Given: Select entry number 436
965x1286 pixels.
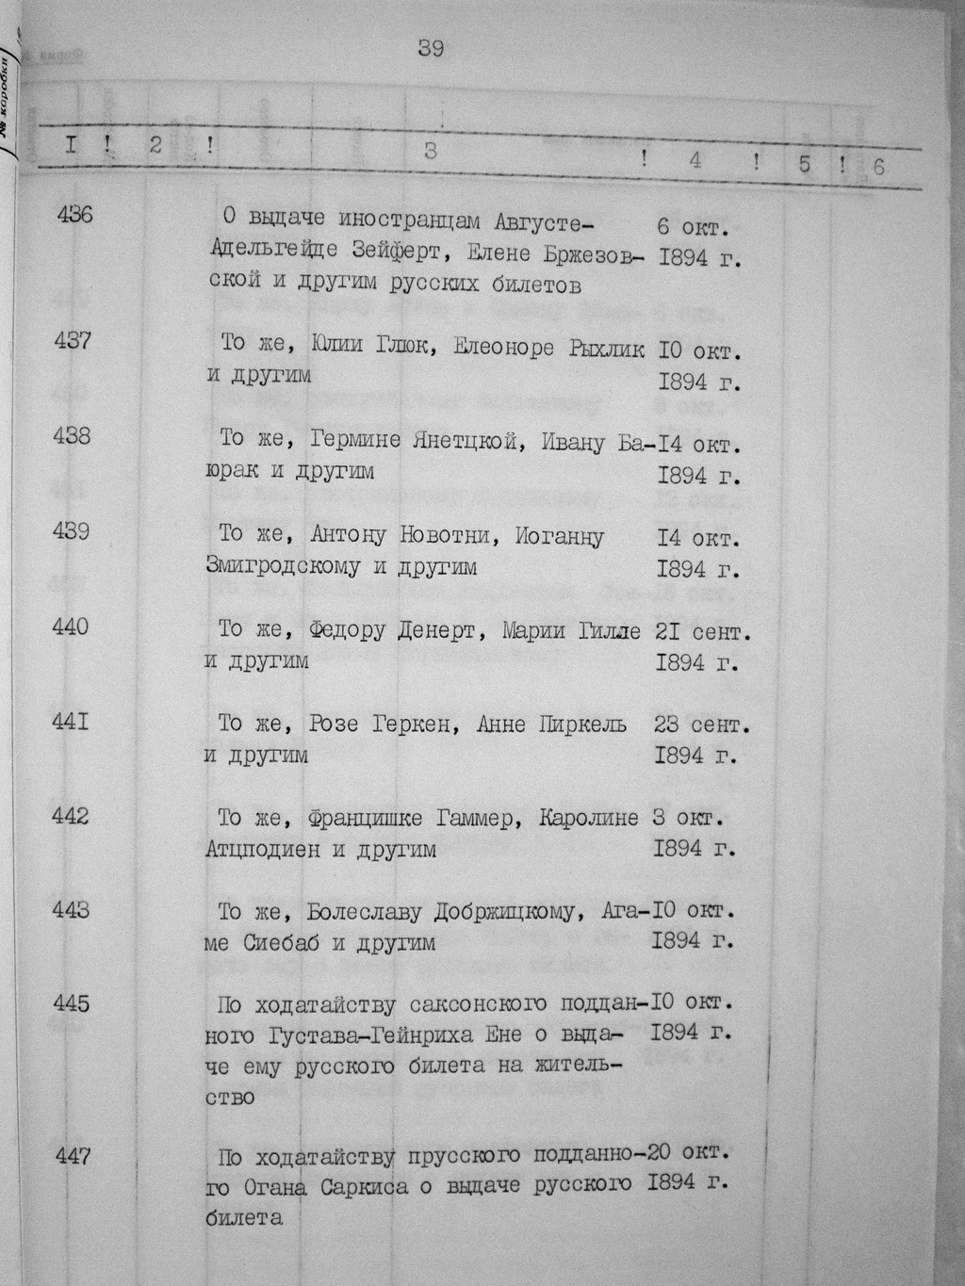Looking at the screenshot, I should pyautogui.click(x=74, y=215).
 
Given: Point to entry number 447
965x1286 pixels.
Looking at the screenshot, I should pyautogui.click(x=73, y=1154).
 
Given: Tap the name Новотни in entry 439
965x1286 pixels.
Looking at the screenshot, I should pyautogui.click(x=447, y=536).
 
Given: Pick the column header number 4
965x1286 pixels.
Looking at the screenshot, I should pyautogui.click(x=695, y=160).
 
